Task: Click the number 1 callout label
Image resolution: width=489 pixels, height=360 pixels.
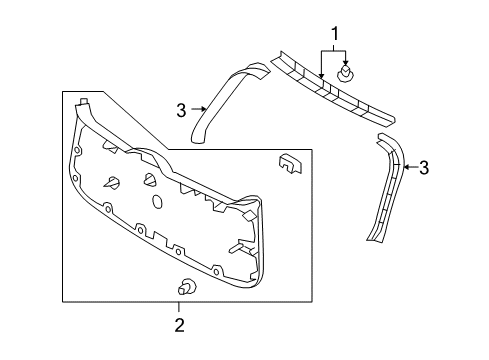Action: (333, 34)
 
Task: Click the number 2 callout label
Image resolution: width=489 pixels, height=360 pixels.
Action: (180, 324)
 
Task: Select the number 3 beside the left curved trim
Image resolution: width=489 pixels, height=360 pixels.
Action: (182, 112)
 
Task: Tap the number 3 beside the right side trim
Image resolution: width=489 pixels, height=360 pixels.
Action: (424, 167)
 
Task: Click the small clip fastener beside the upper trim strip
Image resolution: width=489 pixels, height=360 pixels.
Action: (348, 73)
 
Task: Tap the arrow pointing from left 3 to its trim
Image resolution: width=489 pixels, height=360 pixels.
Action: (197, 112)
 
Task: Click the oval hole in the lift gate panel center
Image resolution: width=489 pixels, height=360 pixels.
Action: (157, 201)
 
